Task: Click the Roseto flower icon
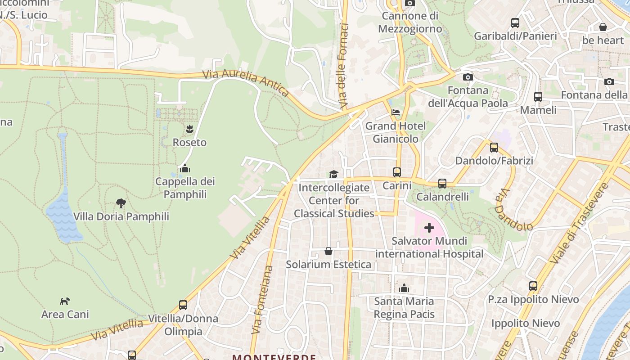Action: coord(189,129)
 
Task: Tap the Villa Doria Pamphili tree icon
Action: coord(121,203)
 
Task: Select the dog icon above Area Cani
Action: coord(65,301)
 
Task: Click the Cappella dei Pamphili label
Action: coord(185,188)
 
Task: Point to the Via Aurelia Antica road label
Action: coord(246,82)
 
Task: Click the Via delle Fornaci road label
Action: coord(345,65)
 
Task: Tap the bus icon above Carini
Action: coord(397,172)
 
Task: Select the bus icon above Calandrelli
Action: coord(442,183)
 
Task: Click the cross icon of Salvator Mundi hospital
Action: coord(429,228)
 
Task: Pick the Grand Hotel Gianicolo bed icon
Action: coord(396,112)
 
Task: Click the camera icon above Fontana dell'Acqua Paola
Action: coord(468,77)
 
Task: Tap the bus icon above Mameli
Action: coord(538,96)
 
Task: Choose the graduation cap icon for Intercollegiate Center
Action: coord(333,174)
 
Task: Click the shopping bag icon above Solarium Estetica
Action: coord(328,251)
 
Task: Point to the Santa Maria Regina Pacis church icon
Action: coord(404,288)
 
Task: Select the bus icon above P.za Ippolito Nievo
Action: coord(533,286)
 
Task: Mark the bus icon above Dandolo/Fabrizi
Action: coord(494,147)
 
